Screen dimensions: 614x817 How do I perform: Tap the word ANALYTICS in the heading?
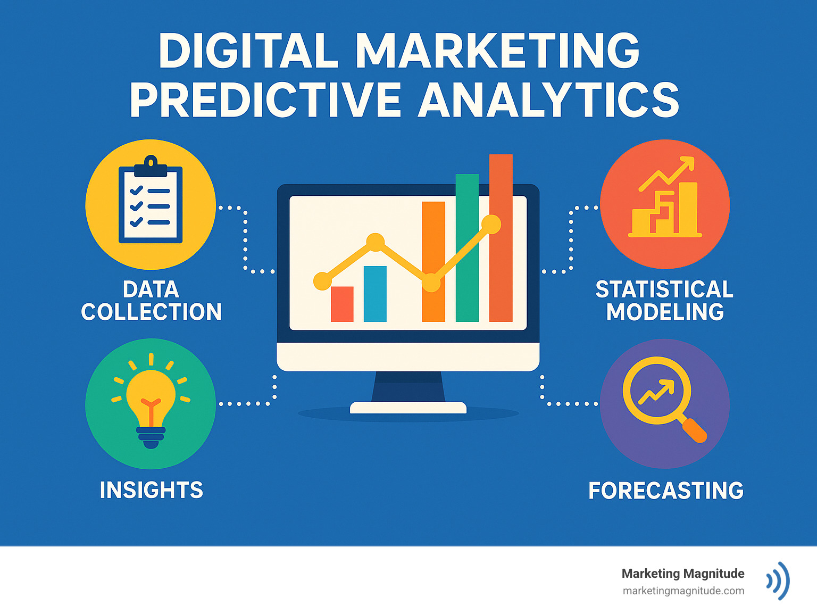[548, 100]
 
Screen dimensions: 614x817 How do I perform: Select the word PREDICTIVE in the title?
[265, 100]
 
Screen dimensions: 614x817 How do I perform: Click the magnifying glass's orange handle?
[695, 430]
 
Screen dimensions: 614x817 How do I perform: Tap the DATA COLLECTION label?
[151, 301]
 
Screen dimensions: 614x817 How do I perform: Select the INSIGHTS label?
[151, 490]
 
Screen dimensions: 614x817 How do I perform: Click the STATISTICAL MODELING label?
[665, 301]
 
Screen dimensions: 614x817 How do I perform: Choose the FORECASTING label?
[666, 491]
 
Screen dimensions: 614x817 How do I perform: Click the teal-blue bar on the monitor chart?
[375, 294]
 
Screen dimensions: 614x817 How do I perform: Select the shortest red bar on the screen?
[342, 304]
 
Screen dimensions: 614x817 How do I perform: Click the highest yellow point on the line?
[491, 225]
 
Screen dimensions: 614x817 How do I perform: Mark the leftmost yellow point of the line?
[322, 281]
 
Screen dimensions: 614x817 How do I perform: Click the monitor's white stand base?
[408, 408]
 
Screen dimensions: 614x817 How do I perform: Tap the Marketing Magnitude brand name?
[683, 574]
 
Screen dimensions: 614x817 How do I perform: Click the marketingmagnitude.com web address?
[683, 591]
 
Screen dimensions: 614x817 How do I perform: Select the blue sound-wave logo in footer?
[778, 580]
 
